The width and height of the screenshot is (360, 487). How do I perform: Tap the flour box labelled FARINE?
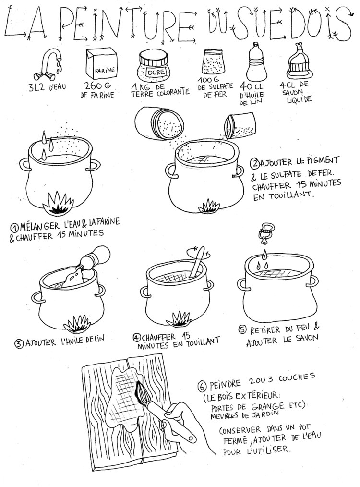101,63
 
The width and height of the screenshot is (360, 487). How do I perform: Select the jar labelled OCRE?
153,66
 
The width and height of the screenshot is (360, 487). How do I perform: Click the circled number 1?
14,228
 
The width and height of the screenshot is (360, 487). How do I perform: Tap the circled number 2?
255,162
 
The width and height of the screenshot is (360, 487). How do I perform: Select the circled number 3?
19,344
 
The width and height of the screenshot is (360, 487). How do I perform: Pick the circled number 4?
136,337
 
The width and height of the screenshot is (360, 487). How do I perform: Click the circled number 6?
202,387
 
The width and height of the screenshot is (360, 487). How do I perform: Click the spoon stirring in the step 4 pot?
197,262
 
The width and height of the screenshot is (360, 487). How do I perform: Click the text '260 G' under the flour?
98,86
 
